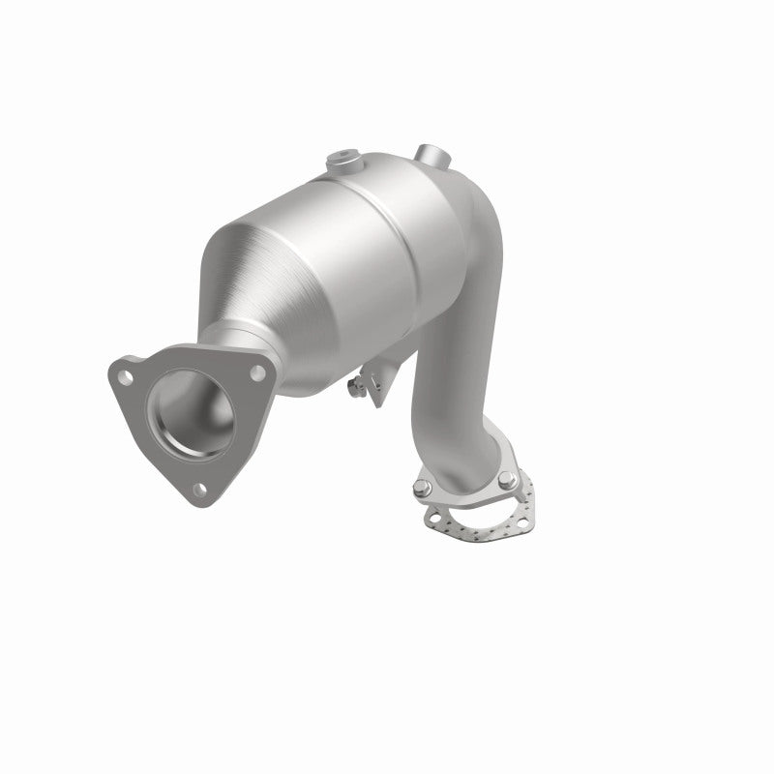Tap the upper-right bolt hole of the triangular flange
click(x=256, y=371)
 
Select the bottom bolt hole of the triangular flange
click(x=196, y=489)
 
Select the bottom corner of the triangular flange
click(x=198, y=503)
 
